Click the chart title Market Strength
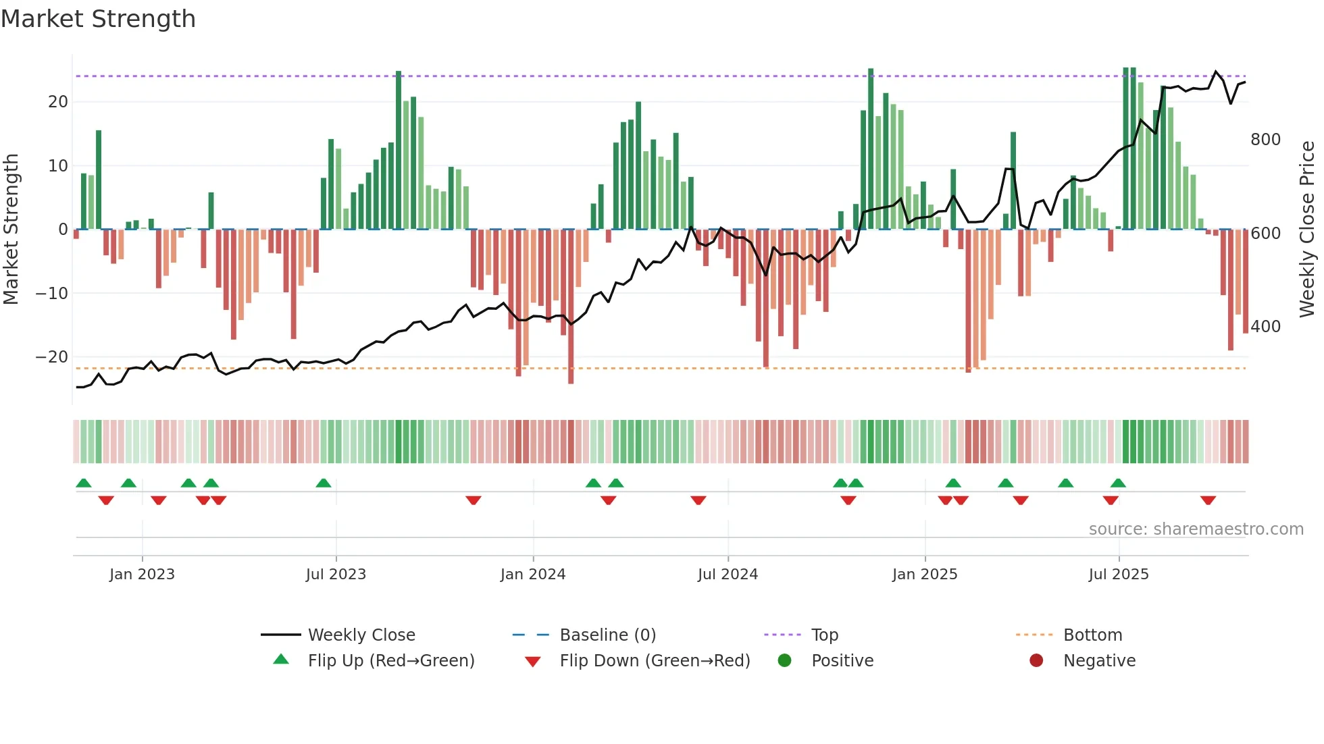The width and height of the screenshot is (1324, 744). point(98,19)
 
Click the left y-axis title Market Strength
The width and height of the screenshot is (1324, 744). point(11,229)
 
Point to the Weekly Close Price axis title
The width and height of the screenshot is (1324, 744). point(1307,229)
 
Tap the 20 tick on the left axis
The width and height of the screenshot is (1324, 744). point(58,102)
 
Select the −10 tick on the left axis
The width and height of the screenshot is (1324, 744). point(52,294)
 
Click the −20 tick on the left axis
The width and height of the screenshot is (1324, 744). point(52,357)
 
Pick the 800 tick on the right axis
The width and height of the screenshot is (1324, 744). point(1265,140)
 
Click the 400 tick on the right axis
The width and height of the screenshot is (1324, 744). point(1265,327)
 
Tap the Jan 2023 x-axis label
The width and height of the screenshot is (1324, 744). point(142,575)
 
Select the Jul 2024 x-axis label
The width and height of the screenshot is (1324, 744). point(728,575)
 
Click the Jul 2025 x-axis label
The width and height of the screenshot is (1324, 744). point(1118,575)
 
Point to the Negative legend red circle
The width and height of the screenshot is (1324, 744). point(1036,660)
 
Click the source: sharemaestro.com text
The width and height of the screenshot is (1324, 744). point(1196,529)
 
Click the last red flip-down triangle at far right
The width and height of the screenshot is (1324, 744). point(1208,500)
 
